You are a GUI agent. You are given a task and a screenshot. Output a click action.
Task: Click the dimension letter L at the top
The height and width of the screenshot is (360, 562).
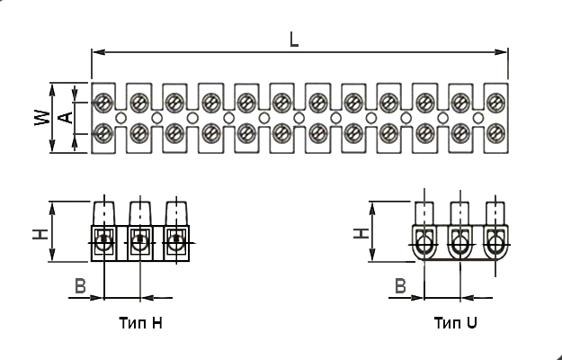pyautogui.click(x=294, y=40)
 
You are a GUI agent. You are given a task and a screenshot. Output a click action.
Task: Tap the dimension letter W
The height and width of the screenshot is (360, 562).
pyautogui.click(x=42, y=118)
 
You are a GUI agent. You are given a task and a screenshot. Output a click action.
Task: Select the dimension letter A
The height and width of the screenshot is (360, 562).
pyautogui.click(x=66, y=118)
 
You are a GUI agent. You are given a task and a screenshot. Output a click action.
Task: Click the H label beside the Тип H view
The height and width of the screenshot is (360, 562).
pyautogui.click(x=40, y=234)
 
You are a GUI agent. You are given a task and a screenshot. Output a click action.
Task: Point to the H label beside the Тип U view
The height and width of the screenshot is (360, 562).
pyautogui.click(x=361, y=233)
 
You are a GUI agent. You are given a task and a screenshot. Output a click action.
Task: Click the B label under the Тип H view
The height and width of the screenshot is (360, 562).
pyautogui.click(x=80, y=286)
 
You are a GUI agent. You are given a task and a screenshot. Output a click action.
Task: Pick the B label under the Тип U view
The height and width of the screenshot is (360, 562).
pyautogui.click(x=400, y=286)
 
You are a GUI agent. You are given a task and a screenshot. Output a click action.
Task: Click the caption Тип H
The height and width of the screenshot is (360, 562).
pyautogui.click(x=141, y=323)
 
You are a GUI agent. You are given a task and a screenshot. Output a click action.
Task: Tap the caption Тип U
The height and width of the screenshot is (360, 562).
pyautogui.click(x=456, y=323)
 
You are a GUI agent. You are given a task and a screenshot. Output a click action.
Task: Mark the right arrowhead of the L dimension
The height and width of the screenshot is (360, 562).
pyautogui.click(x=501, y=52)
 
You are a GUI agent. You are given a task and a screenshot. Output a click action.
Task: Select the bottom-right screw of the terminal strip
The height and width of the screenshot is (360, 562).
pyautogui.click(x=496, y=133)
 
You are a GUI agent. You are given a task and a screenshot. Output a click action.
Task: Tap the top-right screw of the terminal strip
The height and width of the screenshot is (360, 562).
pyautogui.click(x=496, y=103)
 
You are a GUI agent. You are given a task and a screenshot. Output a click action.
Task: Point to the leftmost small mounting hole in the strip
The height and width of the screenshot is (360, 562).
pyautogui.click(x=120, y=118)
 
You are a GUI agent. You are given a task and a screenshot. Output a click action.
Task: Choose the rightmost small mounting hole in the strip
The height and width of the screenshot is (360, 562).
pyautogui.click(x=478, y=118)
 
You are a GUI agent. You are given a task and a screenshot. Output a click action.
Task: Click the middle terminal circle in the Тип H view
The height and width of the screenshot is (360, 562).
pyautogui.click(x=140, y=242)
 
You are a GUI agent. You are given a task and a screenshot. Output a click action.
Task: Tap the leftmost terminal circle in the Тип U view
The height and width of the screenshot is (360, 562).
pyautogui.click(x=424, y=246)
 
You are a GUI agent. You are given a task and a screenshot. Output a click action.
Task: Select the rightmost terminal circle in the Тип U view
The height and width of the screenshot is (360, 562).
pyautogui.click(x=495, y=246)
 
